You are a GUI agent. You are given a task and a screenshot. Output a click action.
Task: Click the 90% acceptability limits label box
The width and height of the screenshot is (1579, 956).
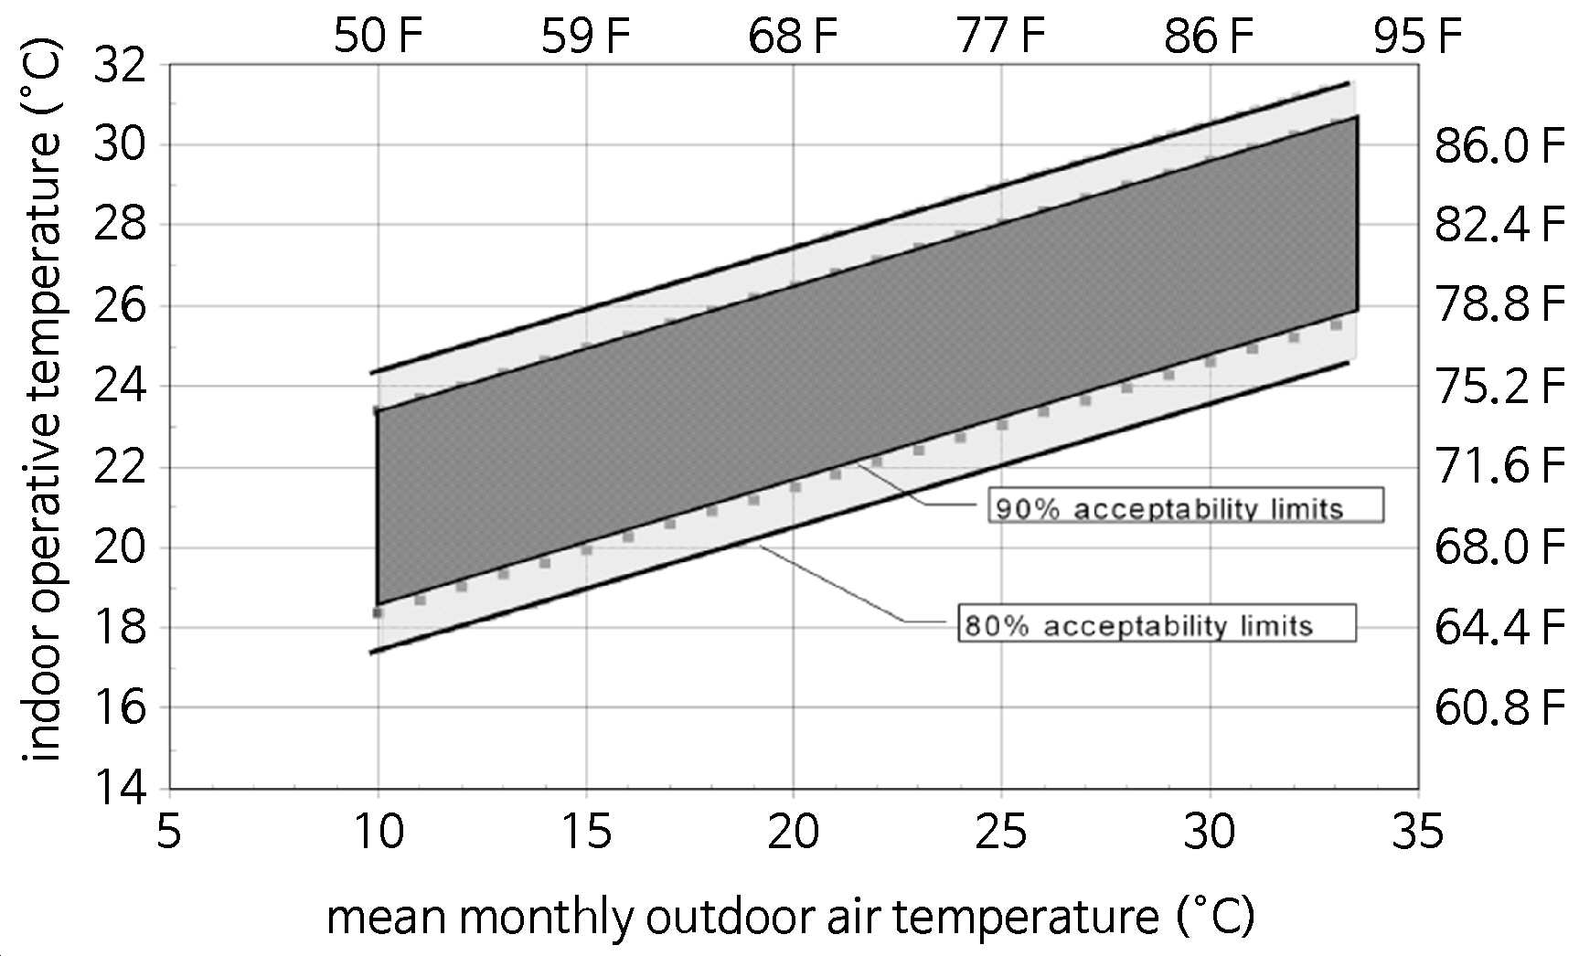1186,505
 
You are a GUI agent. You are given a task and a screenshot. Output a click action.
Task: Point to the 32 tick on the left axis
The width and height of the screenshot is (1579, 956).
119,66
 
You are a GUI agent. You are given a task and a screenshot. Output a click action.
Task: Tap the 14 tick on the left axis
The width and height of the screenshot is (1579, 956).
119,788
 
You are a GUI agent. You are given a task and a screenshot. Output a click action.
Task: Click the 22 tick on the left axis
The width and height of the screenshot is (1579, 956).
119,467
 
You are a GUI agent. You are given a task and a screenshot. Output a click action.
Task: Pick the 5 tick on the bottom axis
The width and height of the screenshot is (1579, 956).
169,833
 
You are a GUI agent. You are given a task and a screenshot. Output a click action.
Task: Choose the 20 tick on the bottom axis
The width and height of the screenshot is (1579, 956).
794,833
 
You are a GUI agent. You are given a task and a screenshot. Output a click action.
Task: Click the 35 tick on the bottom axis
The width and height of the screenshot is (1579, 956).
1418,833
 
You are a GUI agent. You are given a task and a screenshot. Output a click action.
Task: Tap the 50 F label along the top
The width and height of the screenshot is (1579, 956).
378,37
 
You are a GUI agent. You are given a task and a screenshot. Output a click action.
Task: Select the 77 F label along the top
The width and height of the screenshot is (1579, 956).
1001,37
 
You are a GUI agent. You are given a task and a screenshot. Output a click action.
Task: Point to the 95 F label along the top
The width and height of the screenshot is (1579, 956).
1418,37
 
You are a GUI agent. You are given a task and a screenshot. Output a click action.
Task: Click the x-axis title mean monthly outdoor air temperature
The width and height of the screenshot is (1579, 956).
791,916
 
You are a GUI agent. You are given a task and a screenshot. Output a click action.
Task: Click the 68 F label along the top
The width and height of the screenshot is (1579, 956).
794,37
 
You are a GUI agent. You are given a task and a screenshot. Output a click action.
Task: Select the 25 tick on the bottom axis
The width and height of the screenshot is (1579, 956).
1001,833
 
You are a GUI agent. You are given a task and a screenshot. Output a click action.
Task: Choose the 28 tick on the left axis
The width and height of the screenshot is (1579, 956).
119,225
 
